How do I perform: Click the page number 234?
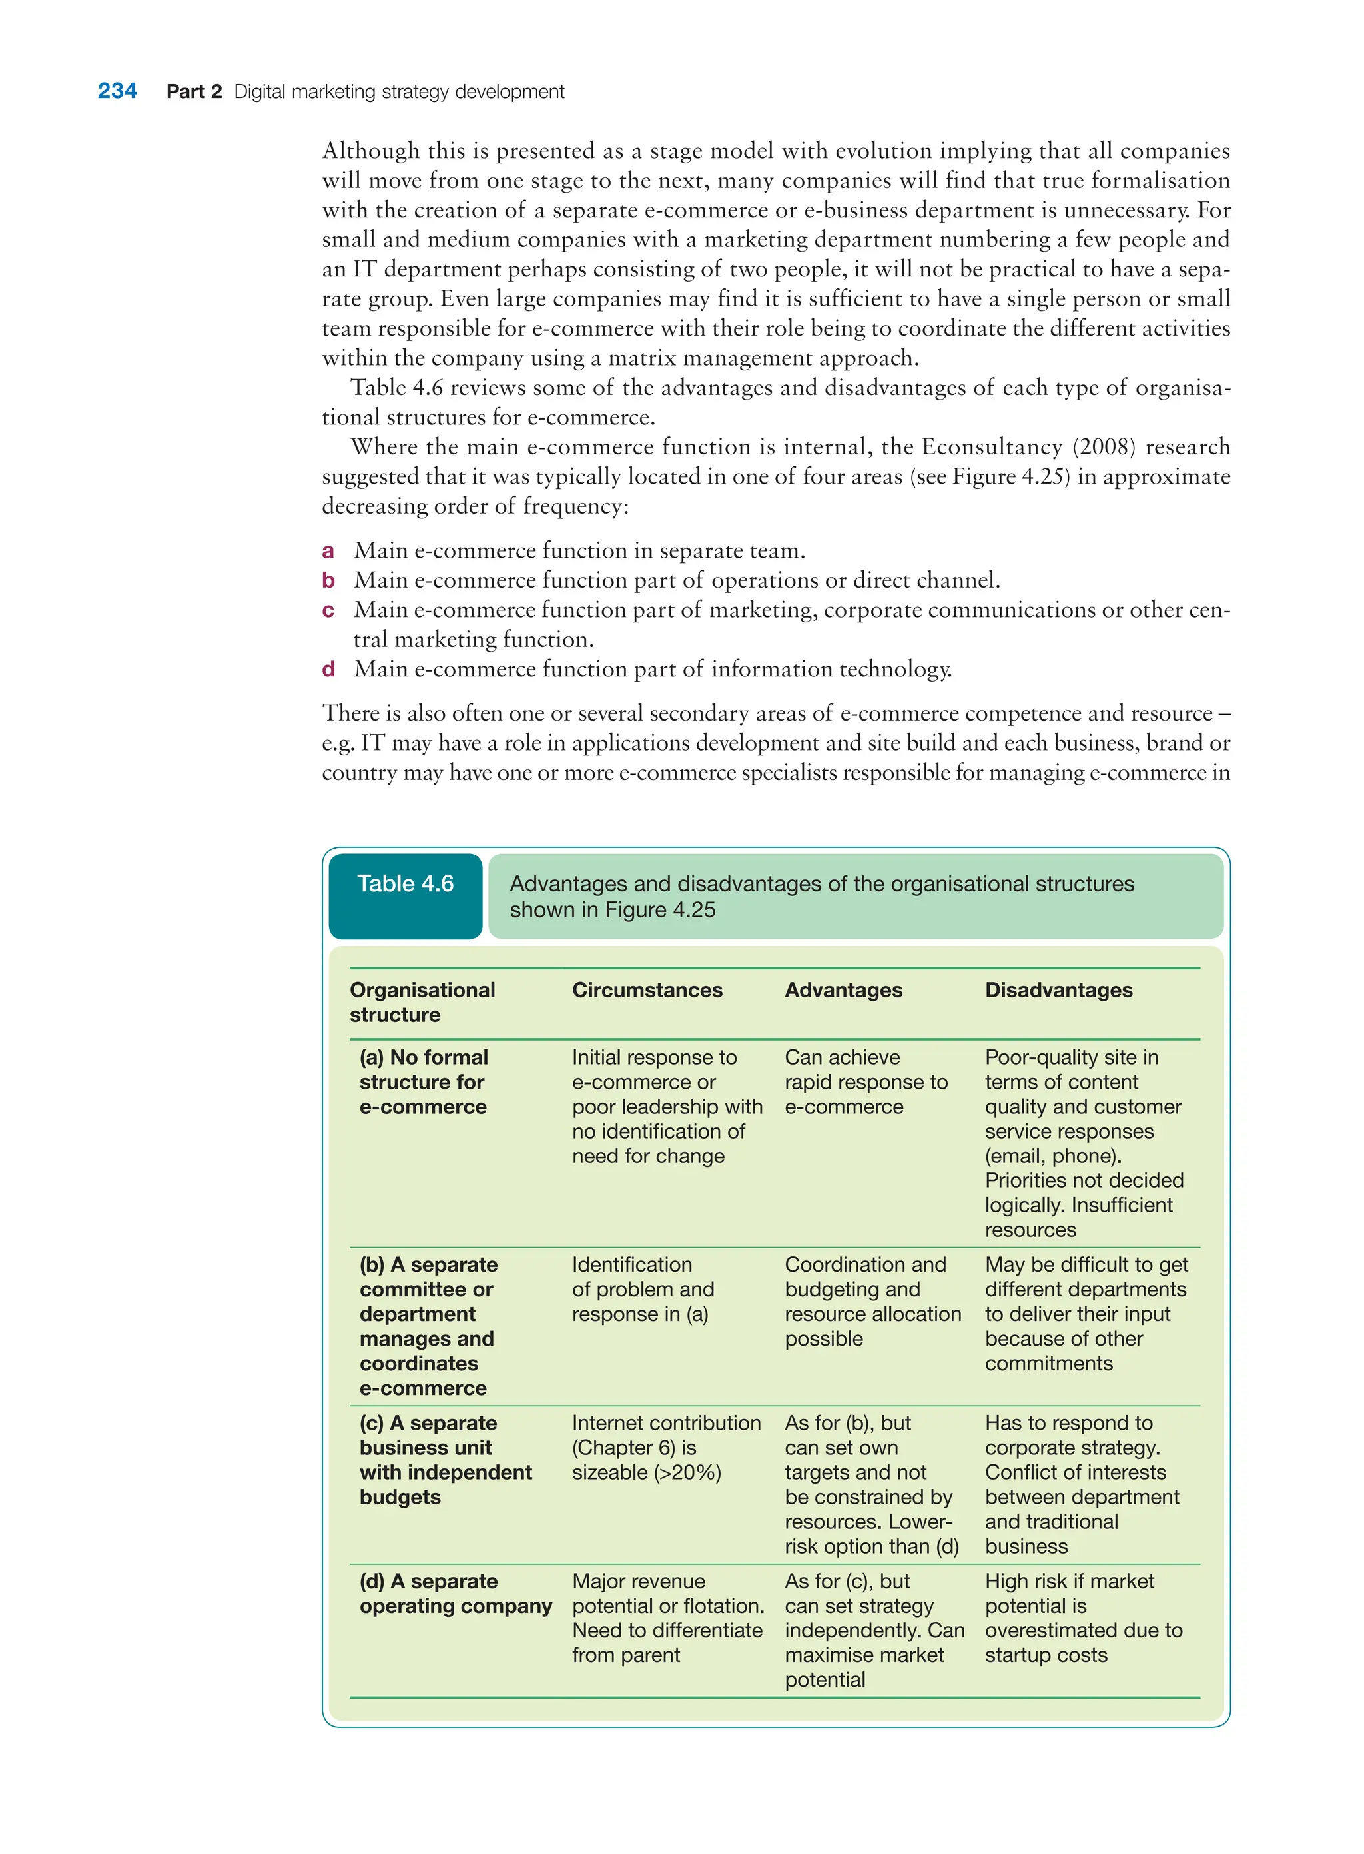[x=117, y=91]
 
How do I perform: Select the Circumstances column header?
[x=647, y=989]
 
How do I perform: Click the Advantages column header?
[x=843, y=989]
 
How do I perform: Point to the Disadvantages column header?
[x=1058, y=989]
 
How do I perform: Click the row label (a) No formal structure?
[x=424, y=1081]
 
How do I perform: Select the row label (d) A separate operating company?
[x=455, y=1593]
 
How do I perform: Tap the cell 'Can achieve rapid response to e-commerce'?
[x=865, y=1081]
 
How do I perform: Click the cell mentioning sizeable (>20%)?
[x=665, y=1447]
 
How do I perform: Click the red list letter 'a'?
[x=328, y=551]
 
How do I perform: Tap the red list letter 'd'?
[x=328, y=669]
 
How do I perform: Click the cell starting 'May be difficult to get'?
[x=1086, y=1313]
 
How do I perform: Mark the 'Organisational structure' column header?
[x=422, y=1002]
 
